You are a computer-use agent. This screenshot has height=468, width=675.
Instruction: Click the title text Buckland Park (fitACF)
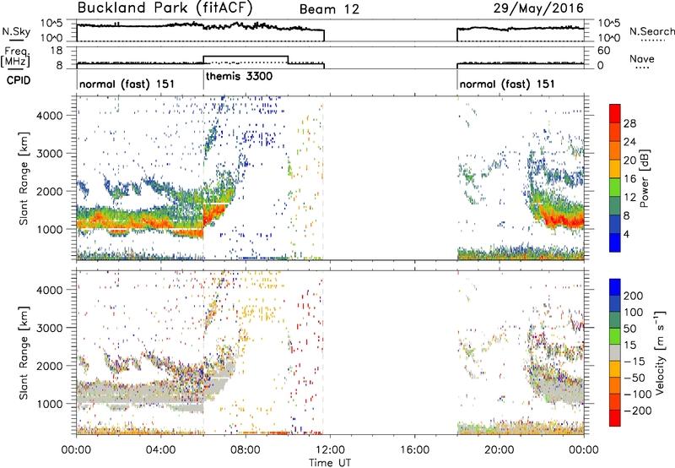pyautogui.click(x=165, y=8)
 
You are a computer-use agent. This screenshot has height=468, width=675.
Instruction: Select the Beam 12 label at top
pyautogui.click(x=329, y=9)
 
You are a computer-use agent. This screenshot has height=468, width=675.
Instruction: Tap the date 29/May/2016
pyautogui.click(x=538, y=8)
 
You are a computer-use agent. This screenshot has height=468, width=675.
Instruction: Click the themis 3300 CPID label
pyautogui.click(x=239, y=77)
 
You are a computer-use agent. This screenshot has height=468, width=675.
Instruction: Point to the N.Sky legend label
pyautogui.click(x=16, y=31)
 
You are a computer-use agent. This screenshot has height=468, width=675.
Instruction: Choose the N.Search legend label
pyautogui.click(x=651, y=31)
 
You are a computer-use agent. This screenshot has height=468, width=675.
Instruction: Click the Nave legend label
pyautogui.click(x=642, y=58)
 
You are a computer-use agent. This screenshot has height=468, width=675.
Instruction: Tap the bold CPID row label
pyautogui.click(x=19, y=80)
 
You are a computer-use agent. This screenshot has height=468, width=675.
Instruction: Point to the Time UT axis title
pyautogui.click(x=330, y=462)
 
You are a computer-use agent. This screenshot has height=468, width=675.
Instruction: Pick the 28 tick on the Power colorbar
pyautogui.click(x=629, y=123)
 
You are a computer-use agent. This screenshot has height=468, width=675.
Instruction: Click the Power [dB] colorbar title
pyautogui.click(x=645, y=178)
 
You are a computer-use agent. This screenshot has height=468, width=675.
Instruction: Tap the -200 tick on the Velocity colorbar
pyautogui.click(x=634, y=411)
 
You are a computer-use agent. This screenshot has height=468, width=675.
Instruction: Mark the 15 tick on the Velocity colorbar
pyautogui.click(x=629, y=345)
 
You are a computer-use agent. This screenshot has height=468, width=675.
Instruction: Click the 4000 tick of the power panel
pyautogui.click(x=50, y=116)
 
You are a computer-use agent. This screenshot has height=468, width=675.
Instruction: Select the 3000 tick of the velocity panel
pyautogui.click(x=50, y=328)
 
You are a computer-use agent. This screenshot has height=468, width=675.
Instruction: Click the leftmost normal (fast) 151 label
pyautogui.click(x=127, y=84)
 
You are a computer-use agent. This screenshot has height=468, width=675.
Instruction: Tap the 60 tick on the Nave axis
pyautogui.click(x=603, y=51)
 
